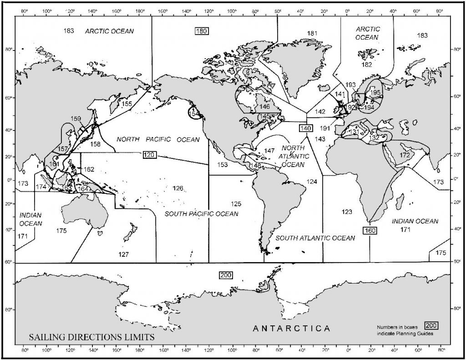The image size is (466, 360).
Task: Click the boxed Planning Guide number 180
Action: click(202, 31)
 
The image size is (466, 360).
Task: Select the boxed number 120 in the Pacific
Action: click(150, 155)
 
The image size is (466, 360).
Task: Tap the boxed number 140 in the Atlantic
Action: click(305, 128)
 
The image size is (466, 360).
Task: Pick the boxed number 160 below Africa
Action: click(369, 230)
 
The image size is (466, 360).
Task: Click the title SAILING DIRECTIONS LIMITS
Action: click(91, 337)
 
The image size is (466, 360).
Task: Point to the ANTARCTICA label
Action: click(291, 328)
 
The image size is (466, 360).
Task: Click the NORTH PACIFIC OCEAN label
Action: click(158, 139)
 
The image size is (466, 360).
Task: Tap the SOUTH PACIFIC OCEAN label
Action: click(201, 213)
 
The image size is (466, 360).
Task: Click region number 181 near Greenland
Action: click(312, 33)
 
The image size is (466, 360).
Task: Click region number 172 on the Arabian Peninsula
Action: click(405, 156)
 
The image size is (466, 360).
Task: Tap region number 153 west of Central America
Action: click(222, 165)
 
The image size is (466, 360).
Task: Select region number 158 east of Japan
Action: click(95, 144)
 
